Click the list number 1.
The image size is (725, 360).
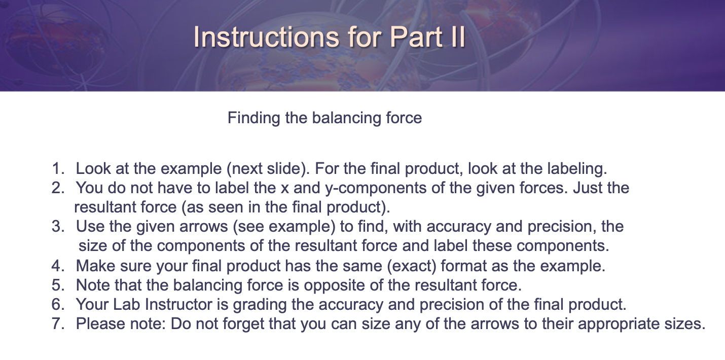[x=58, y=168]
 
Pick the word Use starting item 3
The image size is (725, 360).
[x=89, y=226]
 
